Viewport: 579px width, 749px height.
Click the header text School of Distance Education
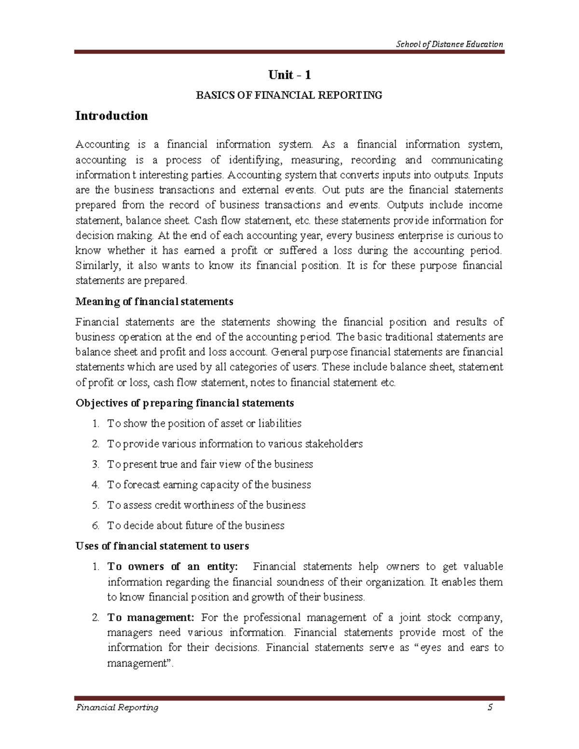click(449, 44)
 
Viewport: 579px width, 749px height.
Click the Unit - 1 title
click(289, 75)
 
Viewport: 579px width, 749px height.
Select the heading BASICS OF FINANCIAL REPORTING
click(289, 95)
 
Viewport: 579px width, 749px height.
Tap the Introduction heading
click(111, 116)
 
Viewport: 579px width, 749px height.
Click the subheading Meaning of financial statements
click(154, 302)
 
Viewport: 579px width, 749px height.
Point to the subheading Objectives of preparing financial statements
click(185, 403)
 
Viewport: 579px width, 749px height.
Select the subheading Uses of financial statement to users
click(162, 546)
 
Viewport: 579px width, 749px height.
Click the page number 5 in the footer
click(490, 708)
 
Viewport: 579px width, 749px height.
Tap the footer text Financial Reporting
click(117, 708)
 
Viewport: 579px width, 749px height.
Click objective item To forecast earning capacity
click(209, 485)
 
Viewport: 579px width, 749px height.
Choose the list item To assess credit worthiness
click(206, 505)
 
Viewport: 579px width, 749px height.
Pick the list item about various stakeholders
click(234, 444)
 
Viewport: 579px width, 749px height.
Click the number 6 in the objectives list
click(95, 526)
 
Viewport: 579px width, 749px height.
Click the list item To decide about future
click(195, 526)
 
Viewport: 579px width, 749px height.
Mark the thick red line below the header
click(289, 52)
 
